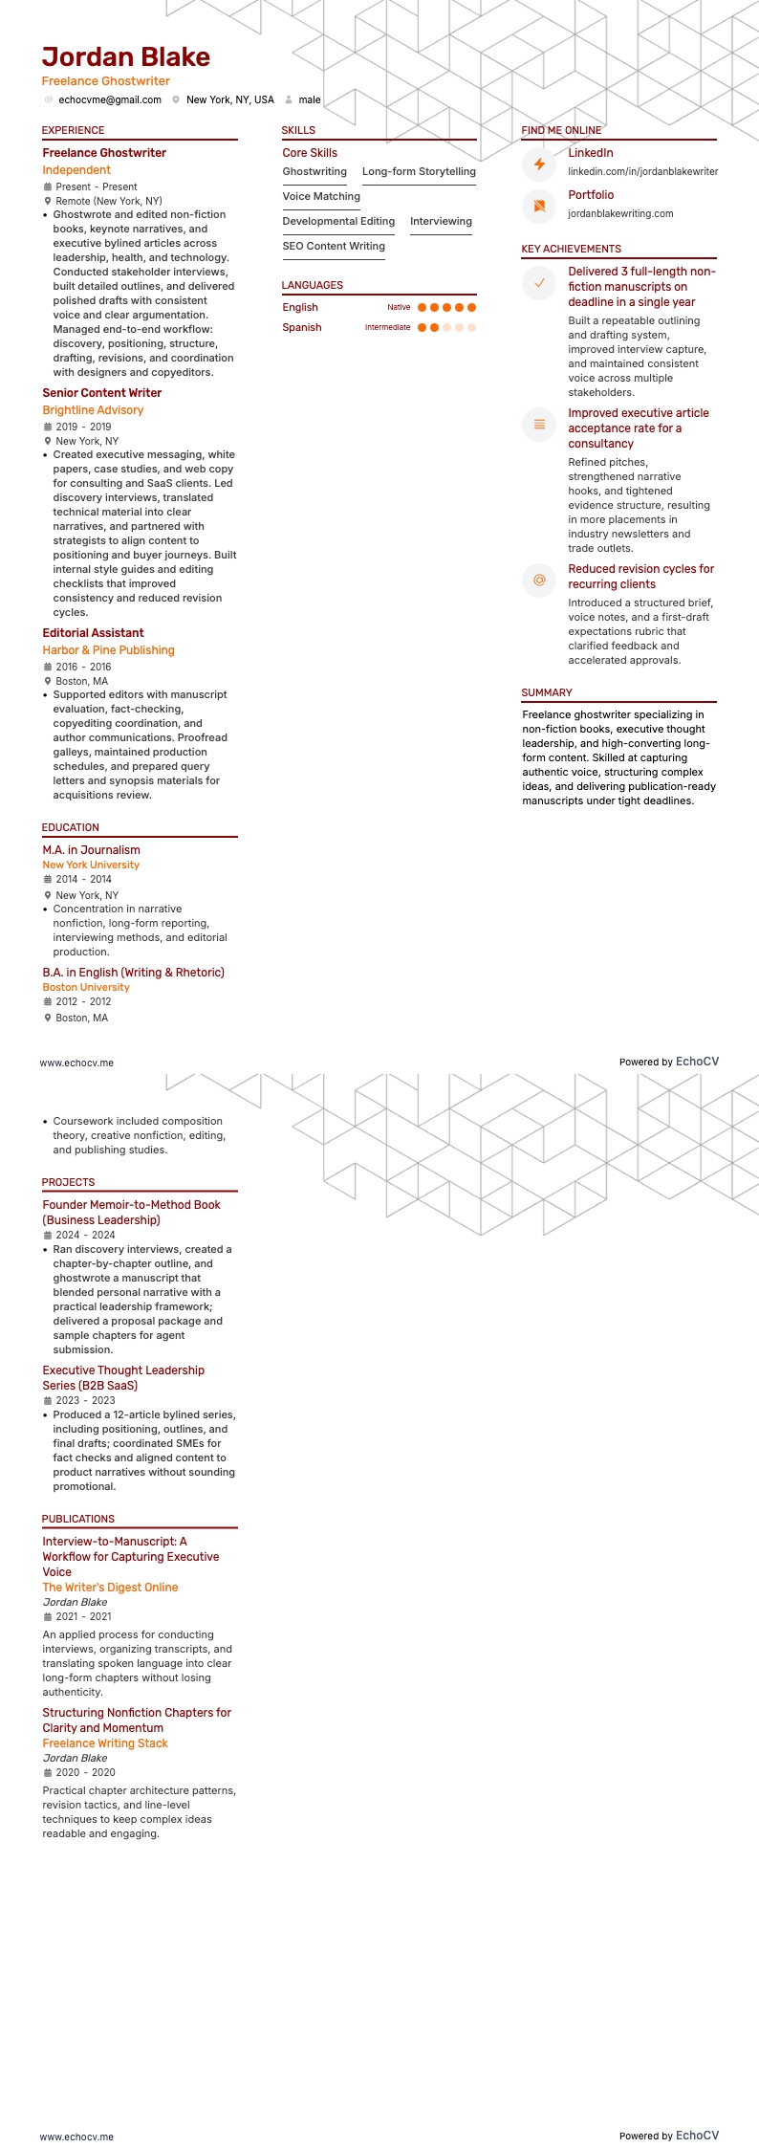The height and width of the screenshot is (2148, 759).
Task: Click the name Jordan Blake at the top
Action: coord(125,57)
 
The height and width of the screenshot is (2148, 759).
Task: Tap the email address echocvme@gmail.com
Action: coord(109,99)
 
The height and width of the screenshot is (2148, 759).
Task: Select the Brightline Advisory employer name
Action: coord(93,410)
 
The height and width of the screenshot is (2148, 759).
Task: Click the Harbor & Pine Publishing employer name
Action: coord(108,650)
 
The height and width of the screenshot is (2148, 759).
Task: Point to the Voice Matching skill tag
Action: coord(321,196)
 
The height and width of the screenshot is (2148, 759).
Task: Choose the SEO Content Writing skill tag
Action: coord(334,246)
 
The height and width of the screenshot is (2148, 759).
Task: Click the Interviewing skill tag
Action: coord(441,221)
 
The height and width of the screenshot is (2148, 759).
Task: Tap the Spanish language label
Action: coord(301,327)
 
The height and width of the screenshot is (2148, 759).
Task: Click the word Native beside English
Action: coord(399,307)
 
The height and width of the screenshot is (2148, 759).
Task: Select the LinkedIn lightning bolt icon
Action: coord(539,164)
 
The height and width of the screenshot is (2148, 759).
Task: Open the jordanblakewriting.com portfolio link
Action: coord(620,213)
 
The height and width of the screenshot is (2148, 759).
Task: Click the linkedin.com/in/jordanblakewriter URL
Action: coord(642,171)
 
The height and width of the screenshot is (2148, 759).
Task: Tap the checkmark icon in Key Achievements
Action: coord(539,282)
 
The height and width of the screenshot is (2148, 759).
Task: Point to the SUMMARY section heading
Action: coord(547,692)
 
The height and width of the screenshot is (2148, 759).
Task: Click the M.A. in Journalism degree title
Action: coord(91,850)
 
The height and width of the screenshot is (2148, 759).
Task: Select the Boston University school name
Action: coord(86,987)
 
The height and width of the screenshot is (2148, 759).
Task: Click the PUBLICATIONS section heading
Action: coord(77,1519)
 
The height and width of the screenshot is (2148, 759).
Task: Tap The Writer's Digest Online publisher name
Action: coord(110,1588)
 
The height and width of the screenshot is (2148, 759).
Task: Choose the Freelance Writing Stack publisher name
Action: coord(105,1743)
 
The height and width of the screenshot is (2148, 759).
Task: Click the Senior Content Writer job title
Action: coord(102,393)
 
